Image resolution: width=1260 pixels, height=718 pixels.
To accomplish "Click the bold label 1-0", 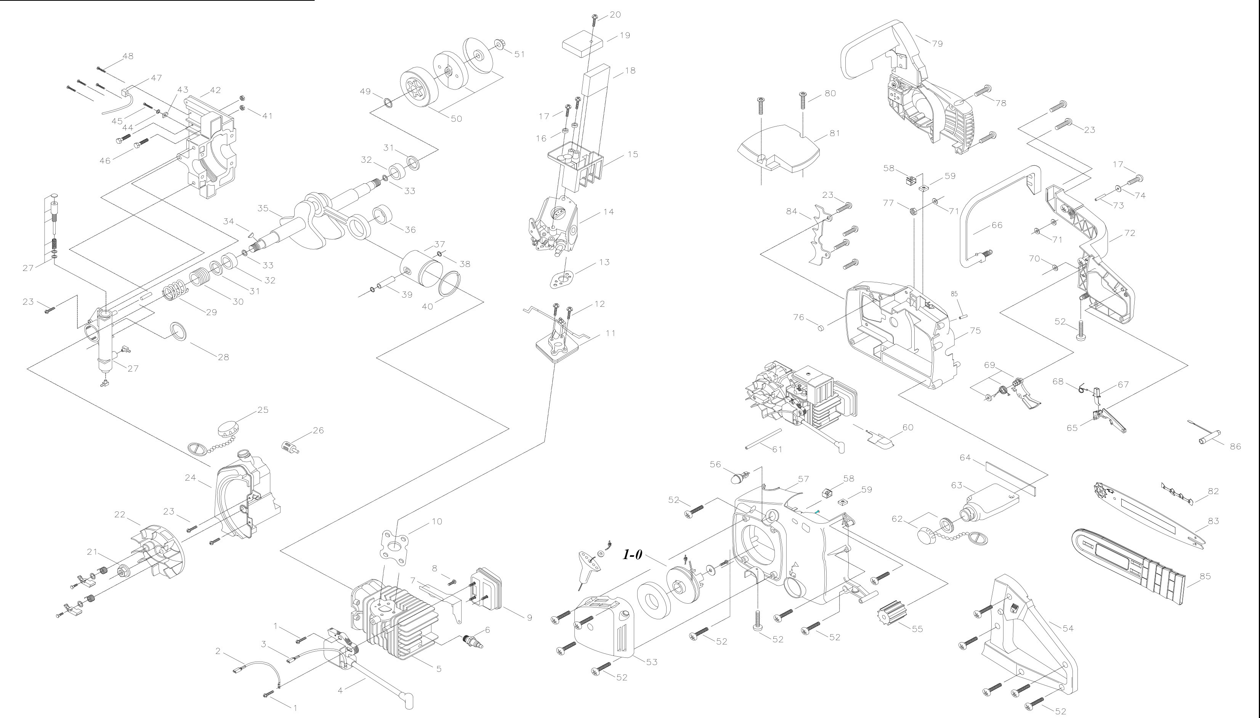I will [632, 555].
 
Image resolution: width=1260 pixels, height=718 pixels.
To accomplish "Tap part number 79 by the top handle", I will [937, 43].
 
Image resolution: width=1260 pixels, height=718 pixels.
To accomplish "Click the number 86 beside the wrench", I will [1235, 447].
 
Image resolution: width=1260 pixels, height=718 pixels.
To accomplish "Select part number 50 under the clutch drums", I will [456, 119].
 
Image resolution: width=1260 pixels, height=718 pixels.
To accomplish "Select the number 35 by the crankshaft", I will [263, 208].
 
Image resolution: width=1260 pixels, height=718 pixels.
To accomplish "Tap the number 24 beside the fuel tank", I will [190, 478].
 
